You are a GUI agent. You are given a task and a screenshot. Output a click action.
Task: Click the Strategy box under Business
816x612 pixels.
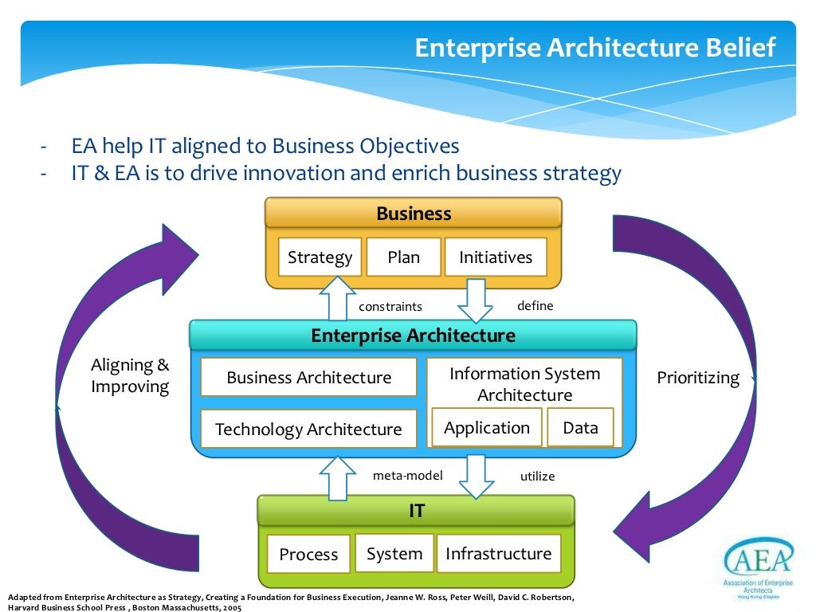point(320,257)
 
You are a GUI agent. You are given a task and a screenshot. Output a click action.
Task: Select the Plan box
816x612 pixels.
point(403,257)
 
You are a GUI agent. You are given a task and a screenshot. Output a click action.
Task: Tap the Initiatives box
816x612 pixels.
point(496,257)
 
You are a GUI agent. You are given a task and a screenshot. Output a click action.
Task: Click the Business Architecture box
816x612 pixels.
point(308,378)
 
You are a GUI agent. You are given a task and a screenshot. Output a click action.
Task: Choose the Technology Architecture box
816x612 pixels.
point(308,430)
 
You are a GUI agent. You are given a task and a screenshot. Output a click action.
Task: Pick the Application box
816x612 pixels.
point(486,428)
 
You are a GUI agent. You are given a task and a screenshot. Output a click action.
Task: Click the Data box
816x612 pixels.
point(580,428)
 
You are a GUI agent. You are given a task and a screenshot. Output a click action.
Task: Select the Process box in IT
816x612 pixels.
point(308,555)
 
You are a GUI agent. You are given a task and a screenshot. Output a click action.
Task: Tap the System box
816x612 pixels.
point(394,554)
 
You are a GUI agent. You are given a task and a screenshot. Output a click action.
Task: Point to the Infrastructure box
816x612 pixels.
point(498,554)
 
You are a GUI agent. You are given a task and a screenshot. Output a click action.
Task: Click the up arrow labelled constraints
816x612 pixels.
point(338,299)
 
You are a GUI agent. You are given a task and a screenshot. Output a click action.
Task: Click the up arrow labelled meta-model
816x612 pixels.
point(338,477)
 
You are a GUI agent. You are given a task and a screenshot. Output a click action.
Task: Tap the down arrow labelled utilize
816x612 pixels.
point(476,476)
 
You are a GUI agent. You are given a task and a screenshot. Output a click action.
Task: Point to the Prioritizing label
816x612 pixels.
point(698,378)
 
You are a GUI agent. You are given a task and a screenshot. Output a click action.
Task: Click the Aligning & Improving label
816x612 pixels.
point(130,376)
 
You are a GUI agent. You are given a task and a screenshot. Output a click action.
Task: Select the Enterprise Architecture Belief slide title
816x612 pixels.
point(594,48)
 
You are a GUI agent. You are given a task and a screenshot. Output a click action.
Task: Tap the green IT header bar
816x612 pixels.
point(416,511)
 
